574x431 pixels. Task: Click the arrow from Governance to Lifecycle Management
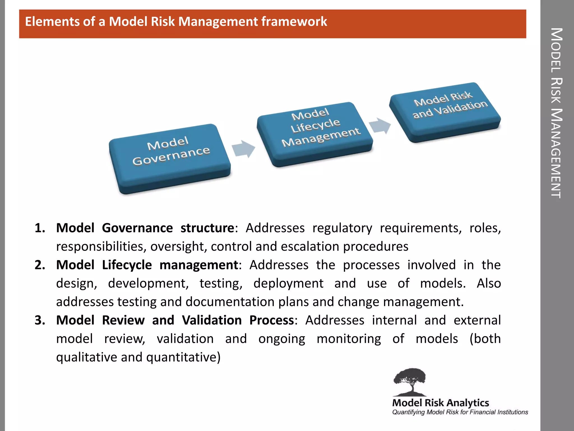coord(243,149)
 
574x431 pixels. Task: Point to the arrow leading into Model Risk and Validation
coord(380,125)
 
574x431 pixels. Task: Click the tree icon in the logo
coord(409,381)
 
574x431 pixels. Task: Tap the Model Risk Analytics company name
coord(440,403)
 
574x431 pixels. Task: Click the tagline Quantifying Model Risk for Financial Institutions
coord(460,412)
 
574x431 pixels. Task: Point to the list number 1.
coord(40,228)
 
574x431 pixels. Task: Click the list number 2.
coord(40,265)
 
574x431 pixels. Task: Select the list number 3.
coord(40,320)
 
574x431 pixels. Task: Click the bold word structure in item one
coord(207,228)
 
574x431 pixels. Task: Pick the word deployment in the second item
coord(288,283)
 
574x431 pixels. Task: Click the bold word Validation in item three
coord(212,320)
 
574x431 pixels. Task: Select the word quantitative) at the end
coord(183,357)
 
